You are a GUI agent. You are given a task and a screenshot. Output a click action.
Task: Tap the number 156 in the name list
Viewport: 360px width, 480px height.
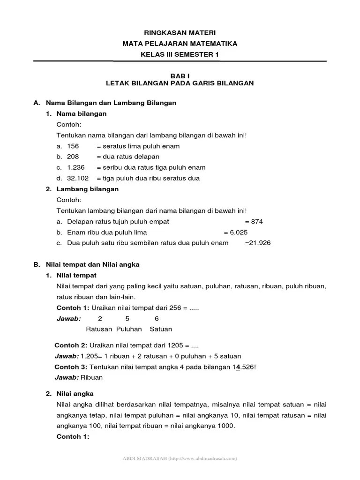pyautogui.click(x=73, y=146)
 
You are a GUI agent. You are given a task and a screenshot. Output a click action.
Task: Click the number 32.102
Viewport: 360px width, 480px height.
pyautogui.click(x=78, y=178)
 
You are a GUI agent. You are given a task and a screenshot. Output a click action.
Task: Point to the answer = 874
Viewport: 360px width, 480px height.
pyautogui.click(x=254, y=221)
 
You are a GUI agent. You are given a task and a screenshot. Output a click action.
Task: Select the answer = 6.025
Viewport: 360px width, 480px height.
pyautogui.click(x=235, y=232)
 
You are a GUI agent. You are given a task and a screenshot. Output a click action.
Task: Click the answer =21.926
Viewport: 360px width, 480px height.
pyautogui.click(x=258, y=243)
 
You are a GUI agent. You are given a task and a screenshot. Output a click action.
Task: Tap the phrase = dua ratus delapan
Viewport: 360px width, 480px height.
pyautogui.click(x=128, y=157)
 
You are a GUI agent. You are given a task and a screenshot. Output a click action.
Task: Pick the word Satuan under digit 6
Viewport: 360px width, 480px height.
pyautogui.click(x=161, y=329)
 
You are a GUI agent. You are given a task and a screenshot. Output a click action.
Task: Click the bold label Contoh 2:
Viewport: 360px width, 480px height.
pyautogui.click(x=71, y=345)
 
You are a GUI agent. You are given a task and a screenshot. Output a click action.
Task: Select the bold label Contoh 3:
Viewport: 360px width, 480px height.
pyautogui.click(x=71, y=367)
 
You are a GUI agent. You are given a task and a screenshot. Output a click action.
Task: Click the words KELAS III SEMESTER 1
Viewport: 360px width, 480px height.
pyautogui.click(x=180, y=54)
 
